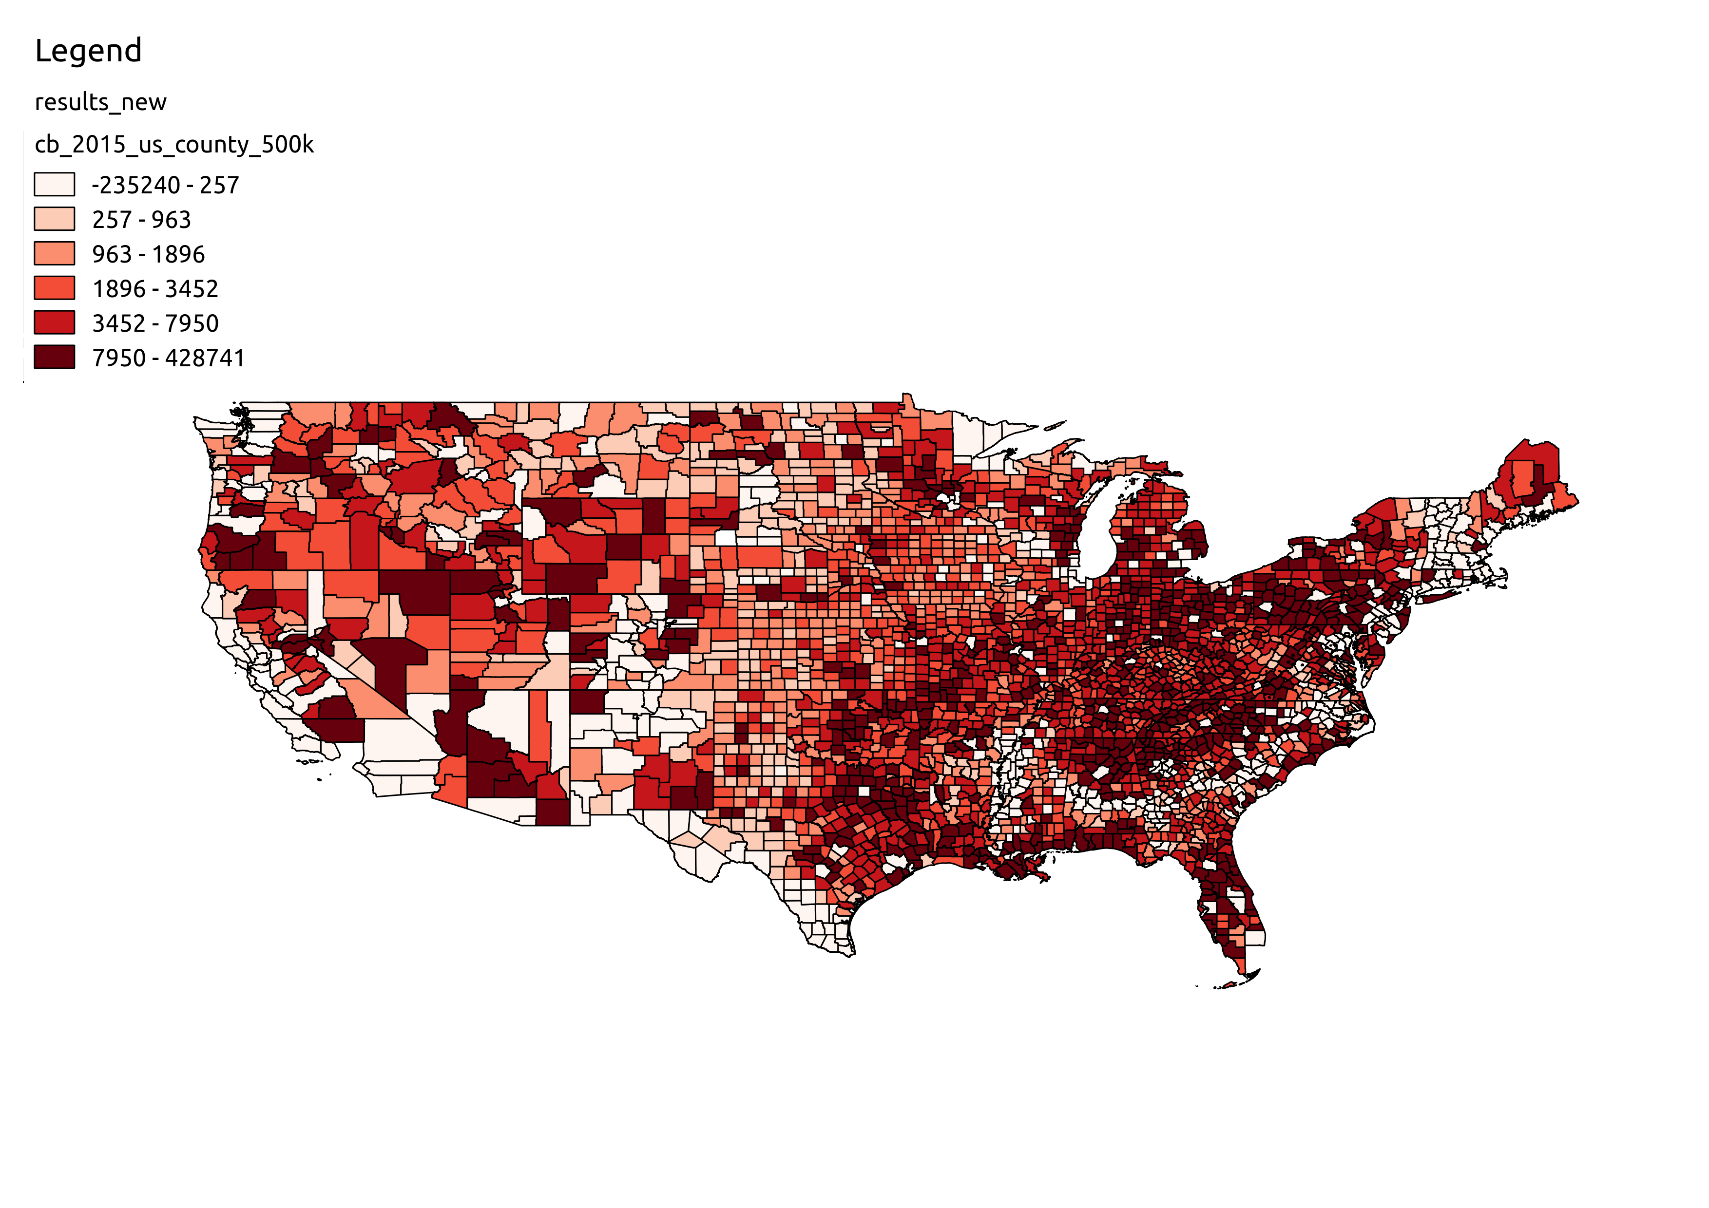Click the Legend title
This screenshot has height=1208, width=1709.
pyautogui.click(x=88, y=51)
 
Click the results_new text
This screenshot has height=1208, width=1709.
pyautogui.click(x=100, y=102)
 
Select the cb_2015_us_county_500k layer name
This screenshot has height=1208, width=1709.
pyautogui.click(x=174, y=144)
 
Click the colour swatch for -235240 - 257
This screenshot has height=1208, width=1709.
pyautogui.click(x=55, y=185)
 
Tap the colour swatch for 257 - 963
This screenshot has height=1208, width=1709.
pyautogui.click(x=55, y=219)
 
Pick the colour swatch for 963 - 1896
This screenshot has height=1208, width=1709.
pyautogui.click(x=55, y=254)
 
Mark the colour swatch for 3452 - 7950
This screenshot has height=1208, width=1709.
pyautogui.click(x=55, y=323)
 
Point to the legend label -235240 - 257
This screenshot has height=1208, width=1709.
pyautogui.click(x=165, y=185)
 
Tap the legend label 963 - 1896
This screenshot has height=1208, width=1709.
pyautogui.click(x=148, y=254)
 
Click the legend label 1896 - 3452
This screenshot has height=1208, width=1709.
pyautogui.click(x=155, y=289)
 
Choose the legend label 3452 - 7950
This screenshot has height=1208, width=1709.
pyautogui.click(x=155, y=323)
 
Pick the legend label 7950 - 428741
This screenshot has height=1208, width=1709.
pyautogui.click(x=168, y=358)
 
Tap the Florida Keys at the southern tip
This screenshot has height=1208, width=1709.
pyautogui.click(x=1228, y=985)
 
